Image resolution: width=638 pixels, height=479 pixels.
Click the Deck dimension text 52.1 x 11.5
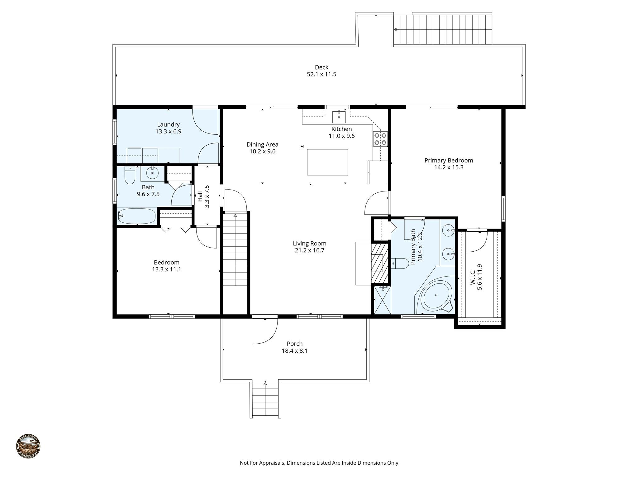(x=321, y=74)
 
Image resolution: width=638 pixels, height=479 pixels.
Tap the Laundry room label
(x=168, y=124)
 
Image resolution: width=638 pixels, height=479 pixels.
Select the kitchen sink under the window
(x=339, y=117)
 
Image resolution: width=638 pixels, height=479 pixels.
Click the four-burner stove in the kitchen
(x=380, y=139)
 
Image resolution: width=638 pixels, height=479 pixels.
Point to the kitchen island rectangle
(x=327, y=162)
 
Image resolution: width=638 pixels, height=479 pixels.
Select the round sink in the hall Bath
(x=152, y=173)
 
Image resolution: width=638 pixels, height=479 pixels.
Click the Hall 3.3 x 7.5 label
(x=203, y=196)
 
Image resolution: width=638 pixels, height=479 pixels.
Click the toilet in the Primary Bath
(x=400, y=264)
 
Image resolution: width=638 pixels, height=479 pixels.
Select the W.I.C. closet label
(x=476, y=277)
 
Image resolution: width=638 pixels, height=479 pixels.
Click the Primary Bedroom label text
(x=449, y=160)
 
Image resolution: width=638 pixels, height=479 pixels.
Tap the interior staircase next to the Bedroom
(x=235, y=249)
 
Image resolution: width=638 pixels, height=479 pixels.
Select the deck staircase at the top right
(x=442, y=30)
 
